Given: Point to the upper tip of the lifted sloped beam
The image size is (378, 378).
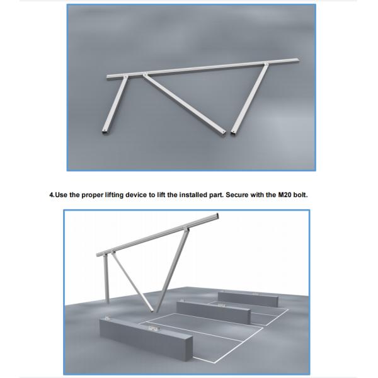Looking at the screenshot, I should (x=218, y=216).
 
